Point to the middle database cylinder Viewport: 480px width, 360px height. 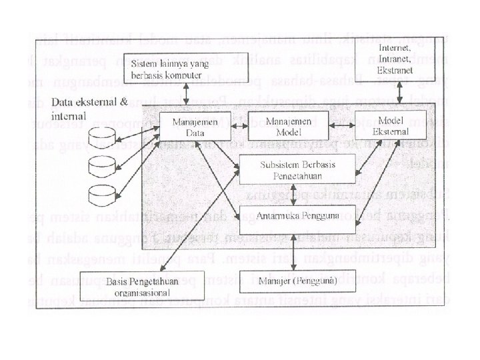pos(101,162)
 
